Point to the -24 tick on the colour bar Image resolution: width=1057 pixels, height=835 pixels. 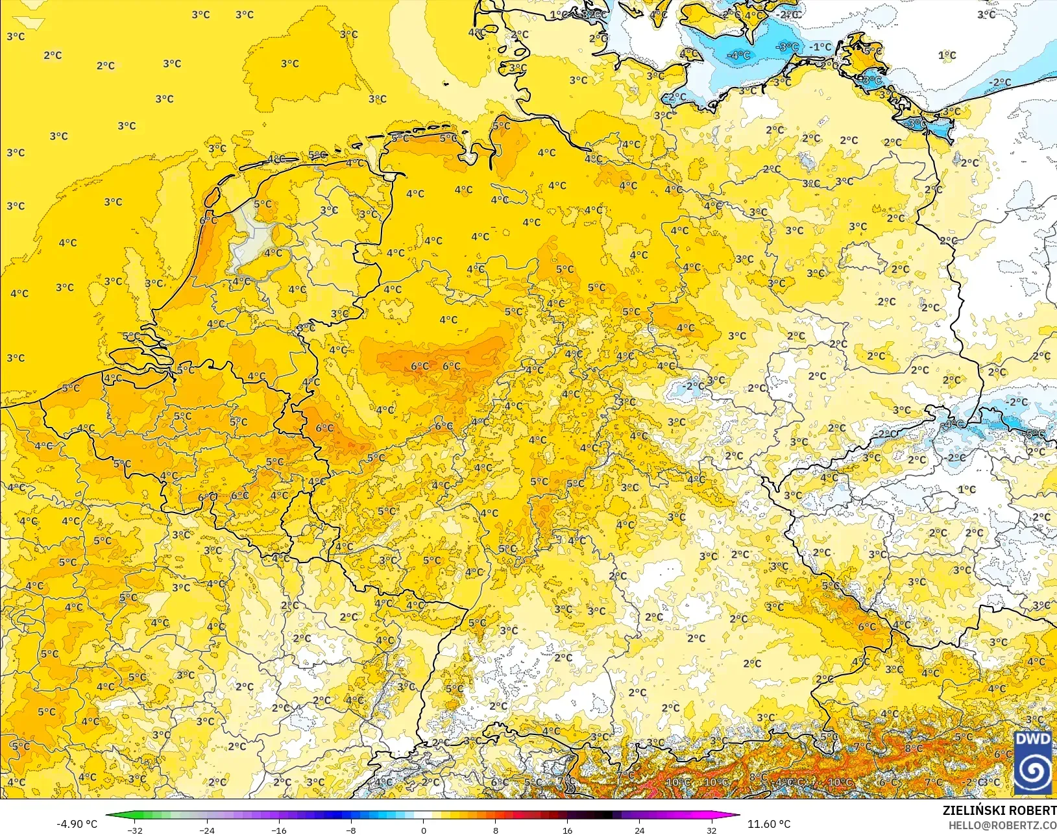pyautogui.click(x=206, y=830)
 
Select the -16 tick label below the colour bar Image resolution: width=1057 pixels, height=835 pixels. pyautogui.click(x=278, y=830)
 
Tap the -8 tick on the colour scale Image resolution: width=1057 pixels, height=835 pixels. pyautogui.click(x=351, y=830)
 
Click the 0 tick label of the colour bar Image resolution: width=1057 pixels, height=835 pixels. pyautogui.click(x=423, y=830)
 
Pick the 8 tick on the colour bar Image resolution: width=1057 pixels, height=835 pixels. pyautogui.click(x=495, y=830)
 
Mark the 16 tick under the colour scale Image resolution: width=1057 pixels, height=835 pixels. pyautogui.click(x=567, y=830)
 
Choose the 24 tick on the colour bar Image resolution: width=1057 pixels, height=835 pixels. pyautogui.click(x=639, y=830)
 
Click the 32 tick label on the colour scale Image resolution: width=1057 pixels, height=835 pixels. pyautogui.click(x=711, y=830)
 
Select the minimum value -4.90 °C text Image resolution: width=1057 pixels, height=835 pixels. pyautogui.click(x=77, y=824)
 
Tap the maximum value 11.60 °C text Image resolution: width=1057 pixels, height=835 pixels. pyautogui.click(x=769, y=824)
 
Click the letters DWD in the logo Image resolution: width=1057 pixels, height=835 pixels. pyautogui.click(x=1033, y=740)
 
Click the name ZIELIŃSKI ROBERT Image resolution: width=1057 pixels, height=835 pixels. pyautogui.click(x=999, y=810)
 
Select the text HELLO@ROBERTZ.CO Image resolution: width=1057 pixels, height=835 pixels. pyautogui.click(x=1002, y=825)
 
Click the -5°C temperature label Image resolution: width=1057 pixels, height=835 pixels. pyautogui.click(x=1034, y=433)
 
